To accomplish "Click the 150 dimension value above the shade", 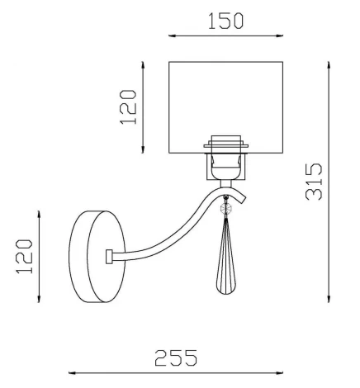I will click(x=225, y=21).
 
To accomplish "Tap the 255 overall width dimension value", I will click(x=176, y=357).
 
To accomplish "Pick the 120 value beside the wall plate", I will click(x=25, y=256).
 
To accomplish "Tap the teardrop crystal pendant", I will click(x=225, y=260).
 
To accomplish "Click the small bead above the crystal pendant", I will click(x=225, y=211).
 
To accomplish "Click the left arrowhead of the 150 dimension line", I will click(x=171, y=36).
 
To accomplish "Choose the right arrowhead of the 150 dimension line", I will click(x=282, y=36).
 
